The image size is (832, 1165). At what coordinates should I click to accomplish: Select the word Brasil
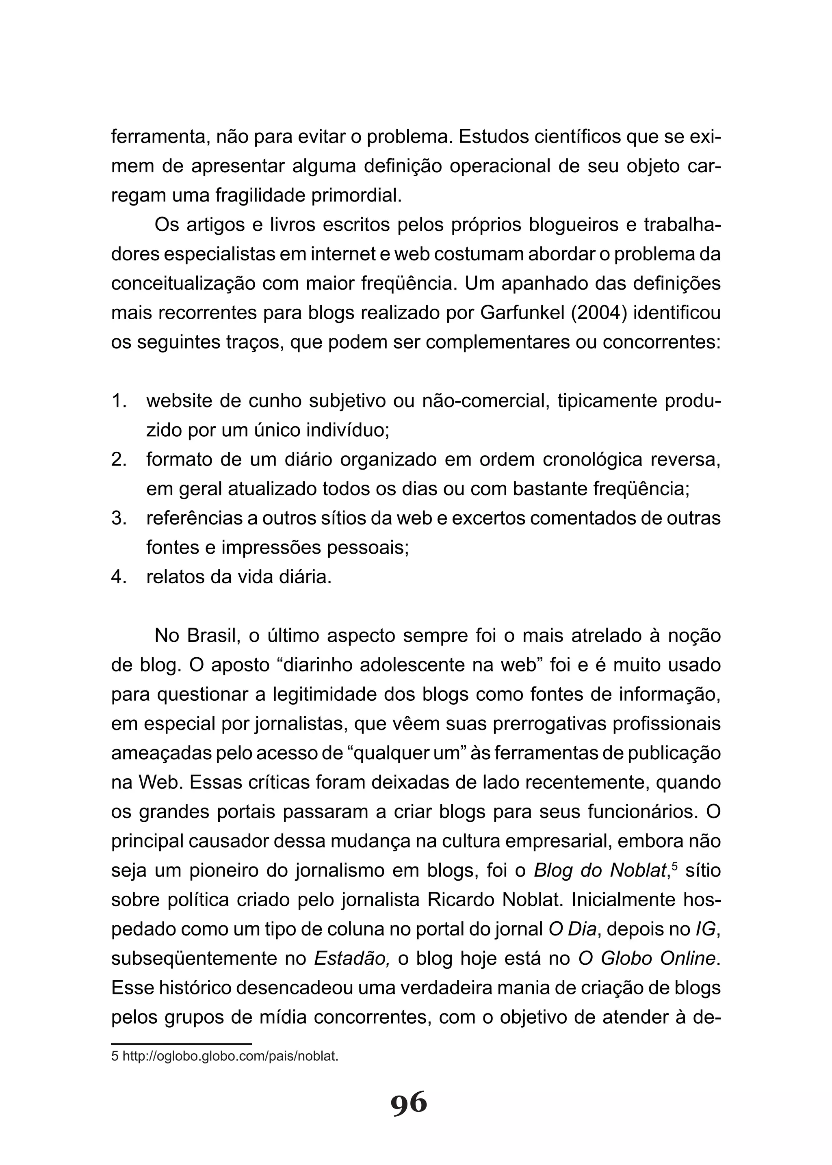[x=214, y=636]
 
